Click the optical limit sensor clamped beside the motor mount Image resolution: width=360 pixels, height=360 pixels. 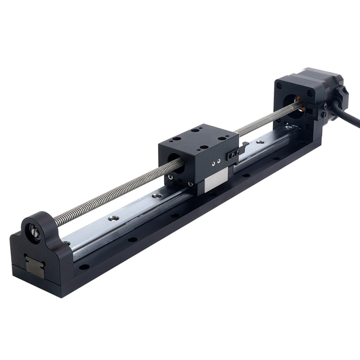tap(322, 110)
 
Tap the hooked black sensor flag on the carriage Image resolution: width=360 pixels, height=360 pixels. tap(243, 146)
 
